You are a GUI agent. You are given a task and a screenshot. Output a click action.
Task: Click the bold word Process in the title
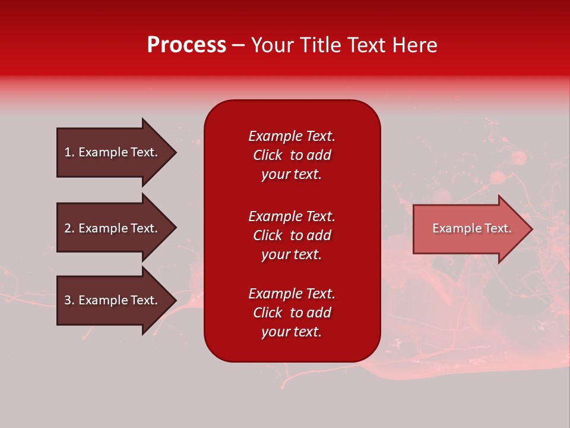click(186, 45)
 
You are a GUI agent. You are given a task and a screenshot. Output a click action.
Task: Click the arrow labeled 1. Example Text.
click(111, 152)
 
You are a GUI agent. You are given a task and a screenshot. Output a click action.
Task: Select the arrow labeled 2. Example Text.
click(111, 228)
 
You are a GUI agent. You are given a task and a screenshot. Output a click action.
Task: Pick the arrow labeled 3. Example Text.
click(111, 300)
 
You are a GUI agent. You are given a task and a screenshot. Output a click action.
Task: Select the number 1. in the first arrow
click(69, 152)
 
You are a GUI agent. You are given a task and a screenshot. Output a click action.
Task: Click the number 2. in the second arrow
click(69, 228)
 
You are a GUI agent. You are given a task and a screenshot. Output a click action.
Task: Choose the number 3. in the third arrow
click(69, 300)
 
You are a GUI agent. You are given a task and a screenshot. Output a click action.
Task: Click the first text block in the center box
click(292, 155)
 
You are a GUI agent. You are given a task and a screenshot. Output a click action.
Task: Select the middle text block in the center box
click(292, 235)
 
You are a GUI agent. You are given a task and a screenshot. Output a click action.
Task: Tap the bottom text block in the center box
click(292, 313)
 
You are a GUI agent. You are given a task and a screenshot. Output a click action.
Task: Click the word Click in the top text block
click(267, 155)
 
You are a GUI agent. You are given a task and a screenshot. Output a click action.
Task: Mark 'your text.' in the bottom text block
click(292, 332)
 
